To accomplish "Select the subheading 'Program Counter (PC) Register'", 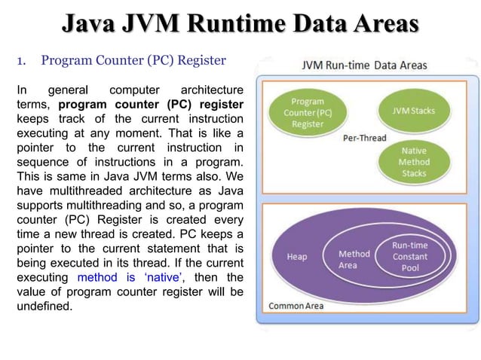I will pyautogui.click(x=133, y=59).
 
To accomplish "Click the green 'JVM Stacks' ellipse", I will pyautogui.click(x=413, y=111).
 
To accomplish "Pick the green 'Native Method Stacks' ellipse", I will pyautogui.click(x=413, y=162).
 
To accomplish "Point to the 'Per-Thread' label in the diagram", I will pyautogui.click(x=364, y=138).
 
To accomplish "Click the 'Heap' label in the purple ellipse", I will pyautogui.click(x=297, y=257).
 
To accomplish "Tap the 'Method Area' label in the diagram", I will pyautogui.click(x=354, y=260).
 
